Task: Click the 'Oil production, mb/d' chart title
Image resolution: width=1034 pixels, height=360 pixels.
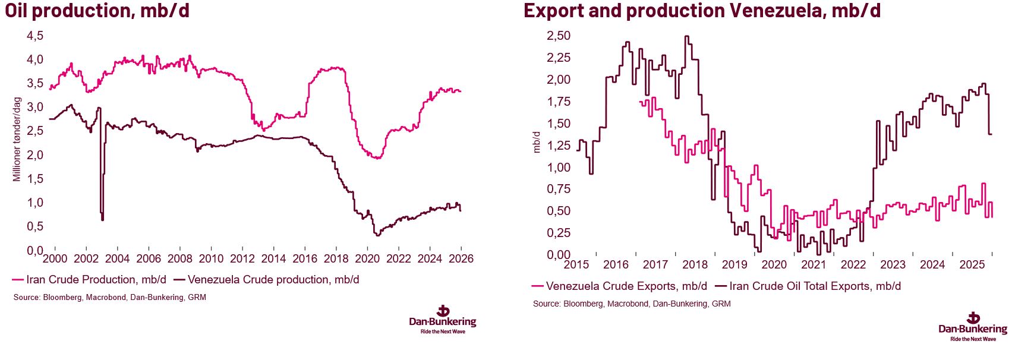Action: tap(97, 11)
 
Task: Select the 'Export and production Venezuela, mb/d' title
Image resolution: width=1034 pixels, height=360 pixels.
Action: tap(702, 11)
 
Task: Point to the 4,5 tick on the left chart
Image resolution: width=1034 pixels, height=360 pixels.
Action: tap(35, 36)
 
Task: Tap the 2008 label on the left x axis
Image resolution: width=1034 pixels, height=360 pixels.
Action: tap(179, 258)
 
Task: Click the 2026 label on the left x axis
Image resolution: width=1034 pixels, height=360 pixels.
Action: tap(461, 258)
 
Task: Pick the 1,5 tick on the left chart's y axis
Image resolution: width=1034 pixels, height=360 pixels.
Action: tap(35, 179)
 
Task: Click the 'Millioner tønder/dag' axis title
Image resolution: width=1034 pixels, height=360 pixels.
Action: tap(17, 139)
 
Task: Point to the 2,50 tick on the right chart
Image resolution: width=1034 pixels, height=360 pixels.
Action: tap(558, 36)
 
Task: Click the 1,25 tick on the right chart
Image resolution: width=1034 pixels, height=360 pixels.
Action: tap(558, 146)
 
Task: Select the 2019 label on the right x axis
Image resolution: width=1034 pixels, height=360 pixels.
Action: tap(734, 264)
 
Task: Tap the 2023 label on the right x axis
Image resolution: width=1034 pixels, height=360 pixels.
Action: tap(893, 264)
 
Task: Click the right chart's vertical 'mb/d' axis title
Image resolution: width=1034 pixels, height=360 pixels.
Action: tap(537, 143)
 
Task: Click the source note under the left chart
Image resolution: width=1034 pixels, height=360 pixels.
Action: tap(110, 297)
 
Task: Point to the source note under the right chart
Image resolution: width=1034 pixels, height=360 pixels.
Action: tap(632, 304)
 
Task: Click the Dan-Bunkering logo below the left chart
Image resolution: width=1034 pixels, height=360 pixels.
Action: tap(443, 320)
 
